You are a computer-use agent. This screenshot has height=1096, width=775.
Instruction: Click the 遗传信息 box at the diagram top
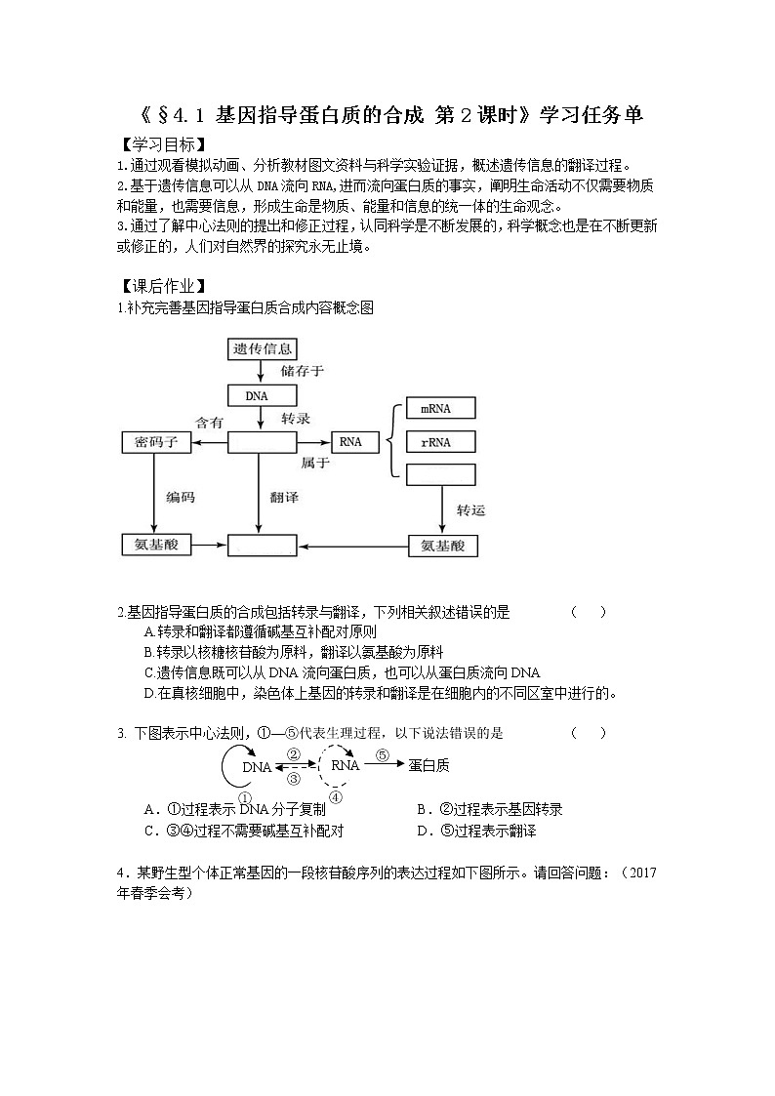click(x=263, y=348)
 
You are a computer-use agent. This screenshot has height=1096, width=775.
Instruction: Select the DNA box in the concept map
click(x=258, y=395)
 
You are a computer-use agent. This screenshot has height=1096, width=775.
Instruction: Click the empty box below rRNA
click(x=440, y=475)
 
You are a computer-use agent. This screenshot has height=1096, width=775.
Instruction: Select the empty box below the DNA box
click(x=262, y=442)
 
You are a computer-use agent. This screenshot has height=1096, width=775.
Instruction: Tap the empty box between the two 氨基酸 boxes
click(x=262, y=545)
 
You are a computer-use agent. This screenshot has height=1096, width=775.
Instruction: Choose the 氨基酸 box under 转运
click(x=442, y=545)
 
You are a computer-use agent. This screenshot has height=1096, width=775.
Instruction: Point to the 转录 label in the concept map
click(x=296, y=419)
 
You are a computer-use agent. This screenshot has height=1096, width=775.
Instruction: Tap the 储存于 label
click(x=302, y=371)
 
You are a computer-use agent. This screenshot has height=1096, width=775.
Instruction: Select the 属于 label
click(x=314, y=464)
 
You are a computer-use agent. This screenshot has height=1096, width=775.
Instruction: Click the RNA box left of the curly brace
click(x=350, y=442)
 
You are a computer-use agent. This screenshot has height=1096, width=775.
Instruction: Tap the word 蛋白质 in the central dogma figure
click(x=428, y=766)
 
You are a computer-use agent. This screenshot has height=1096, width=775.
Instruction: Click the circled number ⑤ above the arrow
click(x=383, y=754)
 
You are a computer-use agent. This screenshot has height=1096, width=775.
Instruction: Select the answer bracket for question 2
click(x=589, y=612)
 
